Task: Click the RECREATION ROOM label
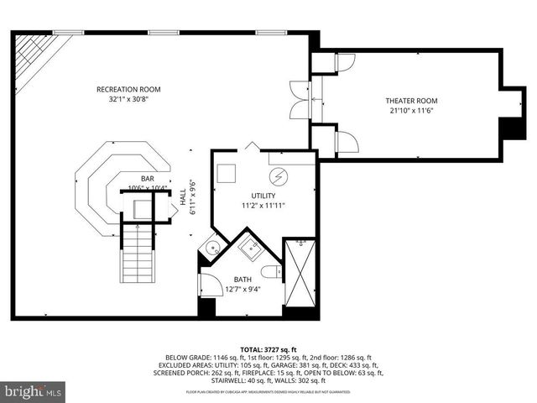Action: (128, 89)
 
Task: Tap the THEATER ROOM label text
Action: (412, 101)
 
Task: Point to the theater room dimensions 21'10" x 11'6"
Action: (412, 111)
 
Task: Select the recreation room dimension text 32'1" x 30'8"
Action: (128, 99)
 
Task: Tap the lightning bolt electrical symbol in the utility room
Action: (278, 176)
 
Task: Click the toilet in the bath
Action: (270, 271)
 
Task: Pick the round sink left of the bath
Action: (213, 248)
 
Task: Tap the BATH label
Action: (242, 280)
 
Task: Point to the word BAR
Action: (147, 178)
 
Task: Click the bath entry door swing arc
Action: (211, 286)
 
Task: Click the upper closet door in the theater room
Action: (344, 62)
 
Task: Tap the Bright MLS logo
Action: (34, 391)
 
